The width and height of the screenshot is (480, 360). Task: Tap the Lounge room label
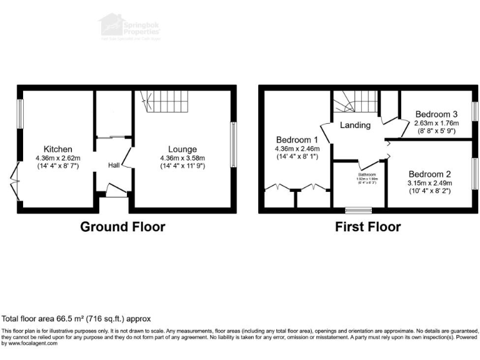pos(182,149)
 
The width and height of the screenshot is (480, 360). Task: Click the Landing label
pos(355,125)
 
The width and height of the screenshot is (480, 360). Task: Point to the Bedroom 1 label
pos(297,139)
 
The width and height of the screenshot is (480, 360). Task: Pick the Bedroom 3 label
pos(436,114)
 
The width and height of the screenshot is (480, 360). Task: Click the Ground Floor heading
pos(122,227)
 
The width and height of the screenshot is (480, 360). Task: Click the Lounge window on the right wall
pos(234,144)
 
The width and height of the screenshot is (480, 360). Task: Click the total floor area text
pos(76,318)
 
